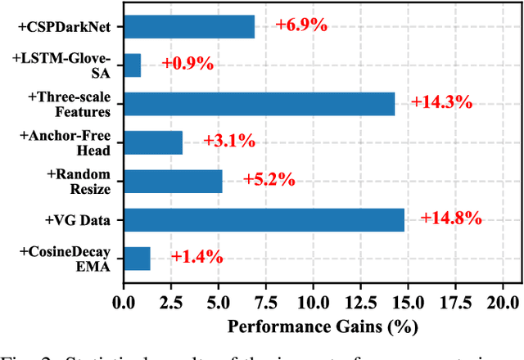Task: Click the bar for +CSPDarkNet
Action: point(188,27)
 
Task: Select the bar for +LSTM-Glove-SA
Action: point(132,65)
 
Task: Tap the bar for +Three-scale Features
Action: point(259,104)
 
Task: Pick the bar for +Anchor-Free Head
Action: point(152,142)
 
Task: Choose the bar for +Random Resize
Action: point(173,181)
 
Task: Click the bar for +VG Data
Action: point(264,219)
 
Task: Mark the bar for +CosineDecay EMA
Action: point(137,258)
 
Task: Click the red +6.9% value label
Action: point(301,25)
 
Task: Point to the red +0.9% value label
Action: point(187,64)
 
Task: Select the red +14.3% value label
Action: point(442,102)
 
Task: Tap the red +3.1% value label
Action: point(229,141)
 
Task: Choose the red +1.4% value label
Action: point(196,256)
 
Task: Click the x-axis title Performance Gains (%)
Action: point(323,326)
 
